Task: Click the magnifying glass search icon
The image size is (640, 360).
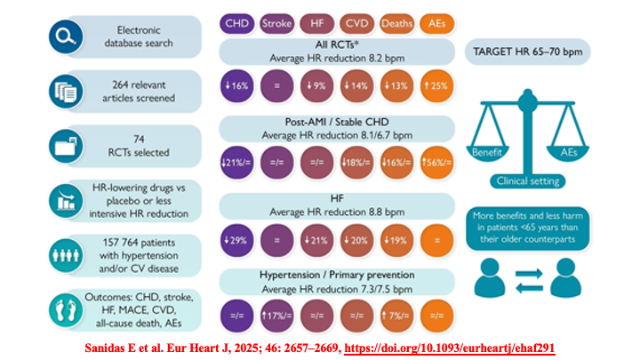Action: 66,36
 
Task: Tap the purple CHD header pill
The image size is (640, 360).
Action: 236,23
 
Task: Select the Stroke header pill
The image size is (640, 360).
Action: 276,23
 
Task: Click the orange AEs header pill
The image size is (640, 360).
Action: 436,23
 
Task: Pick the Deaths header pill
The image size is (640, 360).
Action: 396,23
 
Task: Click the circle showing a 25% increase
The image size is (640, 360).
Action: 436,85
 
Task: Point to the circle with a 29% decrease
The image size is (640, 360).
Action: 236,240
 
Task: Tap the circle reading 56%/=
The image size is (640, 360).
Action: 436,163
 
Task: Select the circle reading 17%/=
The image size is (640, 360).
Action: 276,316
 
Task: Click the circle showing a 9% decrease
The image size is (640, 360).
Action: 316,85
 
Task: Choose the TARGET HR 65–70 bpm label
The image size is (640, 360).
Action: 528,52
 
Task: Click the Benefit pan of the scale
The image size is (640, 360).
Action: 487,152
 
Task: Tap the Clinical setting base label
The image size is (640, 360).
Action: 528,180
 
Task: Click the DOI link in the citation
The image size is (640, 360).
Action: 450,348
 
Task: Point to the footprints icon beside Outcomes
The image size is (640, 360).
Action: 66,310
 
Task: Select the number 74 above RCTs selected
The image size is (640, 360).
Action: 139,140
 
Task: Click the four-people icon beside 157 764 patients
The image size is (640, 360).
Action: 66,255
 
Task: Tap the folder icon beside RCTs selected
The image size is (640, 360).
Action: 66,146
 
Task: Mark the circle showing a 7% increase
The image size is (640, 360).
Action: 396,316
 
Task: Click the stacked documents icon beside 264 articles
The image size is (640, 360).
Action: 66,92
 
